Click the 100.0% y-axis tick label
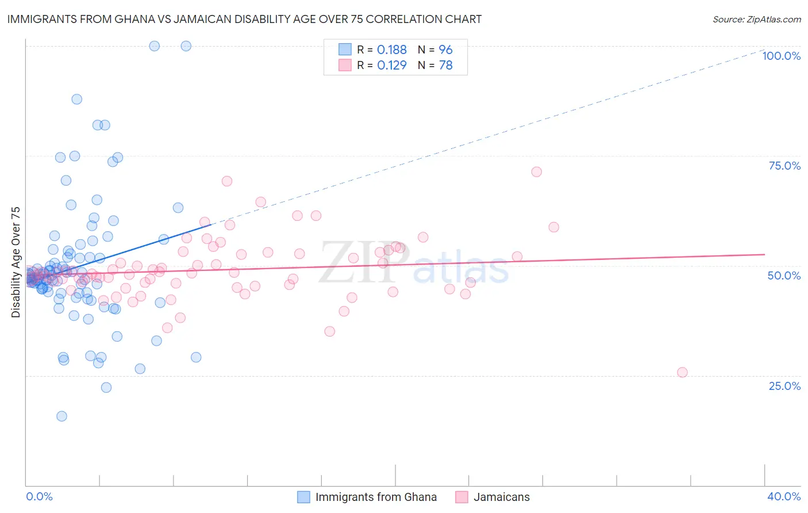coord(781,56)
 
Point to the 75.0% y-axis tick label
coord(784,166)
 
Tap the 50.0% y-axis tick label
coord(784,275)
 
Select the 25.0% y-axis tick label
coord(784,385)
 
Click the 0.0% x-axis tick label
coord(39,496)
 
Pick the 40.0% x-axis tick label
coord(784,496)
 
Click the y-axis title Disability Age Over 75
coord(16,262)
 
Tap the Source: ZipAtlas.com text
coord(756,19)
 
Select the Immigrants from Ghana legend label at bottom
coord(376,497)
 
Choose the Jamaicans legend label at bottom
coord(501,497)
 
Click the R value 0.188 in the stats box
coord(392,50)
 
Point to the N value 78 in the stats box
coord(446,66)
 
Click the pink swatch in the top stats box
coord(345,66)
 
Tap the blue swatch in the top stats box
coord(345,50)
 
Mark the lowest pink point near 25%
coord(682,372)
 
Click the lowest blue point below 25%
coord(61,416)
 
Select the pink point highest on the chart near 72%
coord(536,172)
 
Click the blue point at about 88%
coord(76,99)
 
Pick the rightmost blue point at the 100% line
coord(186,46)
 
